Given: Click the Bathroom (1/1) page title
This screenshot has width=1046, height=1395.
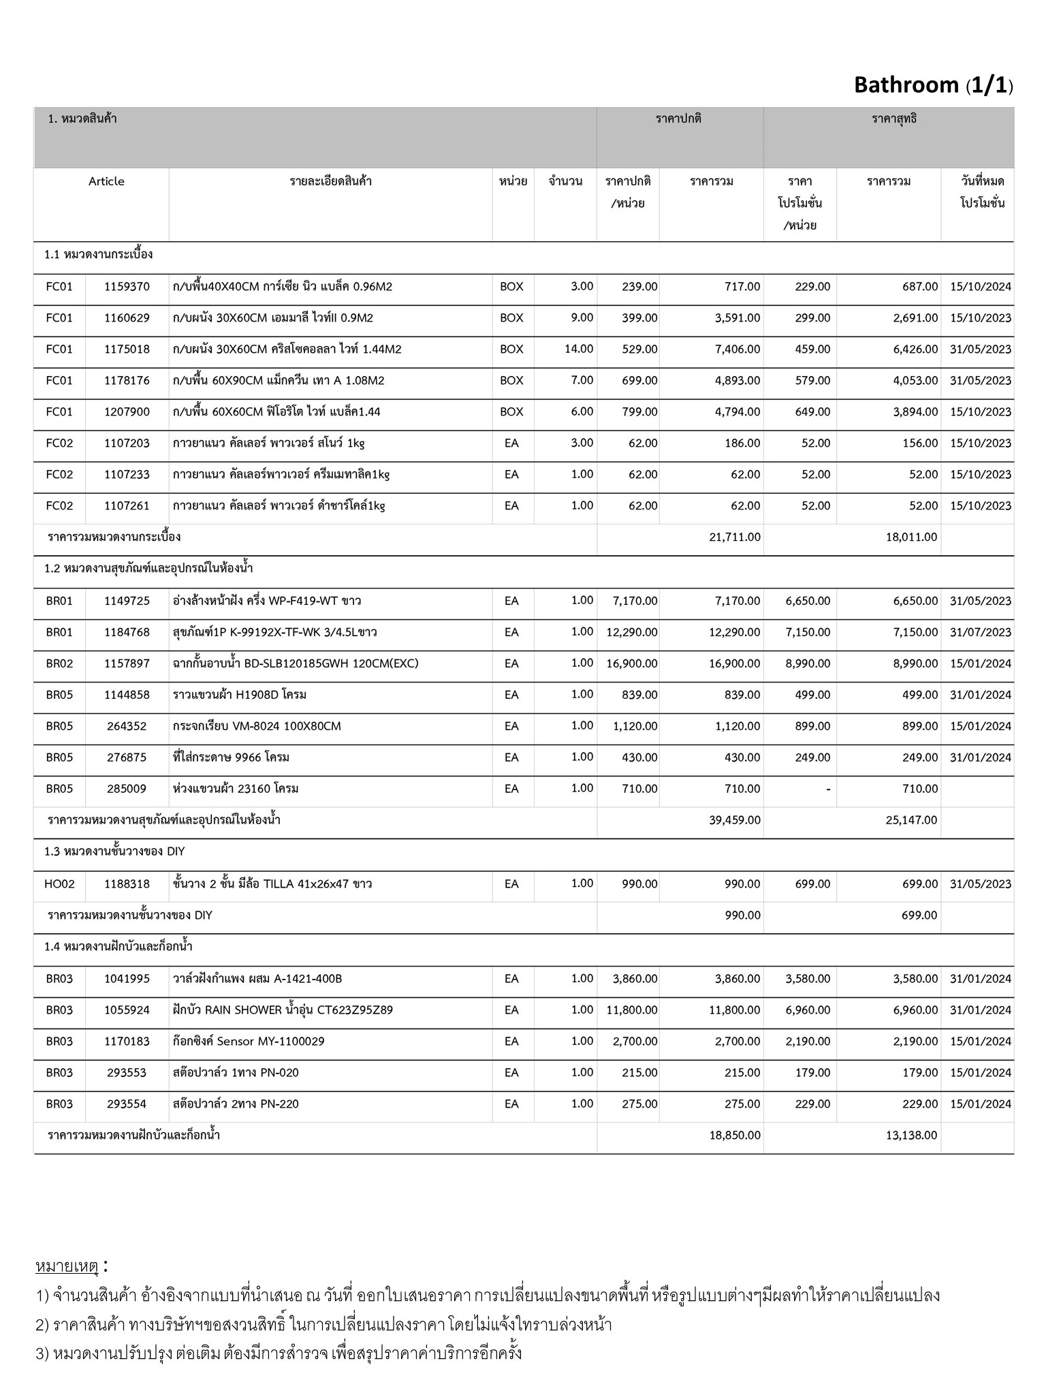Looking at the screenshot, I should click(x=933, y=85).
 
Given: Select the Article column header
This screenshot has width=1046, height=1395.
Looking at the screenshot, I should click(x=106, y=181).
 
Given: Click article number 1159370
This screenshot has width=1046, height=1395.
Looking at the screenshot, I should click(x=127, y=287).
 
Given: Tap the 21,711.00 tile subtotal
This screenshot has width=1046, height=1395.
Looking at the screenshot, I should click(x=734, y=537).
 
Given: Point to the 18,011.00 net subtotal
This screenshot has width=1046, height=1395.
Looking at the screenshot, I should click(x=911, y=537).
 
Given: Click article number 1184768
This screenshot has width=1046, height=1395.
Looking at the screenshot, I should click(x=127, y=632).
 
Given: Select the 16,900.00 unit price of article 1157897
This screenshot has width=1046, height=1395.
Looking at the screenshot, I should click(x=631, y=663).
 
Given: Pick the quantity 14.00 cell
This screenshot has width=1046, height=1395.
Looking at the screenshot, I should click(x=579, y=349).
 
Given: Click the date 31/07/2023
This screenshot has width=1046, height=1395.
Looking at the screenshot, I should click(x=980, y=632).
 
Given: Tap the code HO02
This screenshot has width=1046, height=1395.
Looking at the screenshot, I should click(x=59, y=884).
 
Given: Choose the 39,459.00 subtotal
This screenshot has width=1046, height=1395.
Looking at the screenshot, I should click(x=734, y=820).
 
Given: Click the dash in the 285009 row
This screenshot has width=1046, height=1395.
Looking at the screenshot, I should click(x=827, y=789).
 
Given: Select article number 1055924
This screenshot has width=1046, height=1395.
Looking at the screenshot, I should click(x=127, y=1010).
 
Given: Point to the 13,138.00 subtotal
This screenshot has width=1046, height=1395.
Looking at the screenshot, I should click(x=911, y=1135).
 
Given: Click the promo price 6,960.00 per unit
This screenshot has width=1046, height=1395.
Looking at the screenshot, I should click(x=808, y=1010).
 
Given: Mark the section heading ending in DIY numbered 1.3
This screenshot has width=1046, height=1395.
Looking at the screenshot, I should click(x=114, y=851).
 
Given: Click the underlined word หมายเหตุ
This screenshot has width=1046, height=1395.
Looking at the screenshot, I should click(x=67, y=1267).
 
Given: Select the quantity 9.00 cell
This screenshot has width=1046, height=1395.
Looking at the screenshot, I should click(x=582, y=317).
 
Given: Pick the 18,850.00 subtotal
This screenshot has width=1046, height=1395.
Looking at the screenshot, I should click(x=734, y=1135).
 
